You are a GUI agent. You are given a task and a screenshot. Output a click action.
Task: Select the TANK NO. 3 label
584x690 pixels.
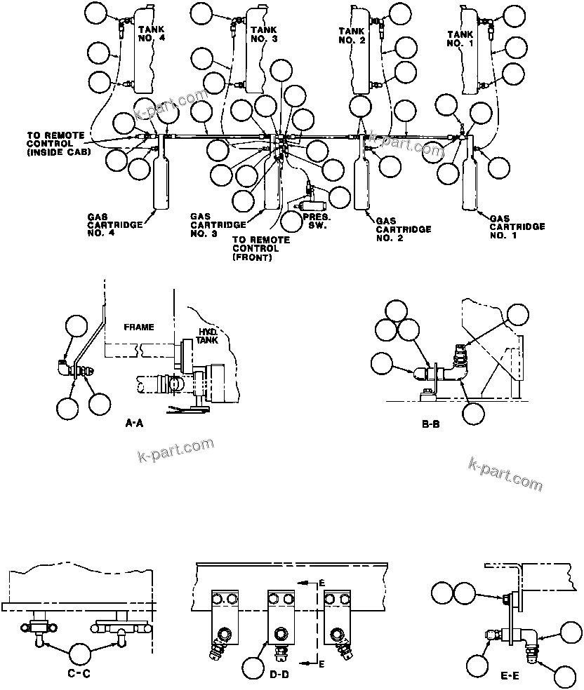[x=259, y=33]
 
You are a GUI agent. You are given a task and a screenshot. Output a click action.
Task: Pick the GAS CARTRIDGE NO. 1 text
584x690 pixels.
[x=517, y=226]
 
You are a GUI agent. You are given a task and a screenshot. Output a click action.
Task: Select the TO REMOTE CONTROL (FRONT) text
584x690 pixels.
[x=260, y=248]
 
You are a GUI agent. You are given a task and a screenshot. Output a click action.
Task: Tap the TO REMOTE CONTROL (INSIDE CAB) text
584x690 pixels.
[x=55, y=142]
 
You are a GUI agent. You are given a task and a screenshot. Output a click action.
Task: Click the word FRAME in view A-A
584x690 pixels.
[x=138, y=327]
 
